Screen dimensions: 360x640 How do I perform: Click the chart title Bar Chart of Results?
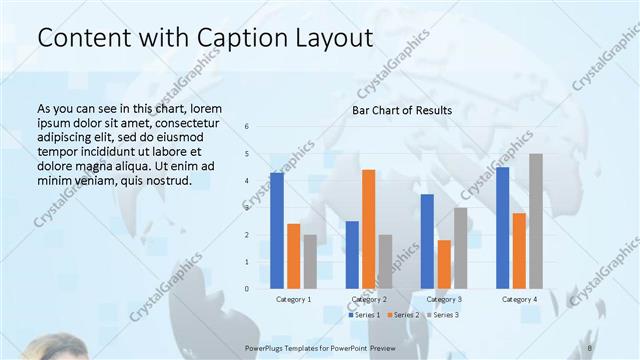click(x=401, y=110)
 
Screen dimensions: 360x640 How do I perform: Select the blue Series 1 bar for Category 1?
click(x=277, y=230)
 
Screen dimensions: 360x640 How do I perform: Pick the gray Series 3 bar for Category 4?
click(x=536, y=221)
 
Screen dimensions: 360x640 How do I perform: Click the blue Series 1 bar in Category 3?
click(x=427, y=241)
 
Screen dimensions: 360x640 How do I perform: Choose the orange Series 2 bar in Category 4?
click(x=519, y=250)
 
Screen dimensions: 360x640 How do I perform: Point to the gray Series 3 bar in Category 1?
click(x=310, y=261)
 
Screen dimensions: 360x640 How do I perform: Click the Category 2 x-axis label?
click(x=369, y=299)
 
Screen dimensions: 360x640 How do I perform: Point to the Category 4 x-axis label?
click(x=519, y=299)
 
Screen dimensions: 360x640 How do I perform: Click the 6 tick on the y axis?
click(x=247, y=127)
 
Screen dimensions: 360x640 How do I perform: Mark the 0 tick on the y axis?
click(x=247, y=289)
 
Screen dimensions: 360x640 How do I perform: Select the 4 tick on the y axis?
click(x=247, y=181)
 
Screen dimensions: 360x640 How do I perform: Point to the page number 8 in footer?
click(x=589, y=347)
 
